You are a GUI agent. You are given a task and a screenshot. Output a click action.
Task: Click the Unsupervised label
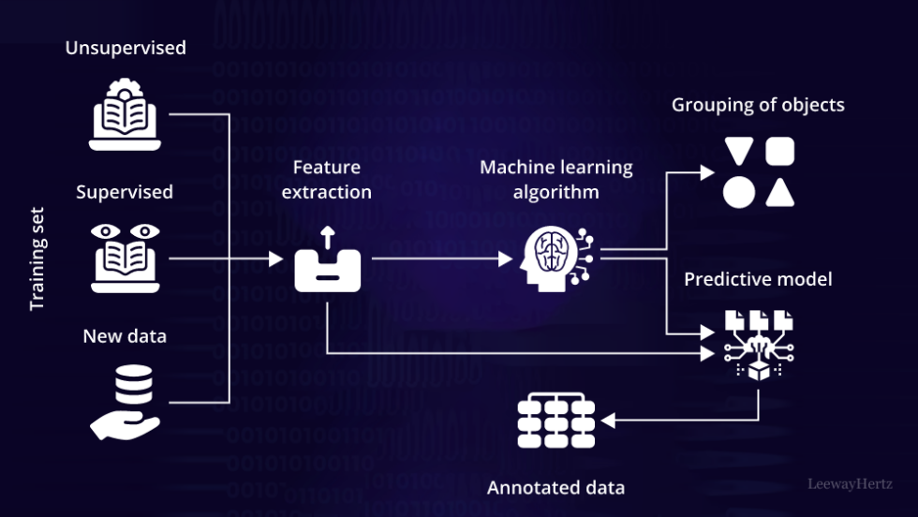tap(125, 48)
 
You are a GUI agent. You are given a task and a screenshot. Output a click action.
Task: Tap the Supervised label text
tap(125, 192)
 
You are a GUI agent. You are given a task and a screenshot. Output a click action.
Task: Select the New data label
tap(125, 336)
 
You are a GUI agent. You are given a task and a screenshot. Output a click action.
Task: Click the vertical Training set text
tap(37, 259)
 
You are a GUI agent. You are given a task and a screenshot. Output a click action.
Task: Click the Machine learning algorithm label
tap(556, 180)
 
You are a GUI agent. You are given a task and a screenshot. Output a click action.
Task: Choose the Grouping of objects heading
tap(758, 105)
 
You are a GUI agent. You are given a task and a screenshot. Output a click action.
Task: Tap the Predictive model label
tap(758, 279)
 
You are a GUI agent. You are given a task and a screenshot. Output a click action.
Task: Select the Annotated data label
tap(555, 488)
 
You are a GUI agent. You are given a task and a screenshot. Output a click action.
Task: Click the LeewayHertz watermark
tap(850, 484)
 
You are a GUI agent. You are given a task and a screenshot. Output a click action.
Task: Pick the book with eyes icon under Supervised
tap(125, 258)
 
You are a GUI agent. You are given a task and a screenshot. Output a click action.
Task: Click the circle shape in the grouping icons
tap(739, 192)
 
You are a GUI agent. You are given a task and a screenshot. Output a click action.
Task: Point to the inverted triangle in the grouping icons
tap(739, 152)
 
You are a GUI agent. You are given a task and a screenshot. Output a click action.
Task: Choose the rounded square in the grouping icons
tap(780, 152)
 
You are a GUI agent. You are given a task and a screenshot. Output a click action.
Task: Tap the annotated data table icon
tap(555, 421)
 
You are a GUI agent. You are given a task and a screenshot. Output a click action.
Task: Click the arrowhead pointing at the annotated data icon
tap(607, 421)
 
